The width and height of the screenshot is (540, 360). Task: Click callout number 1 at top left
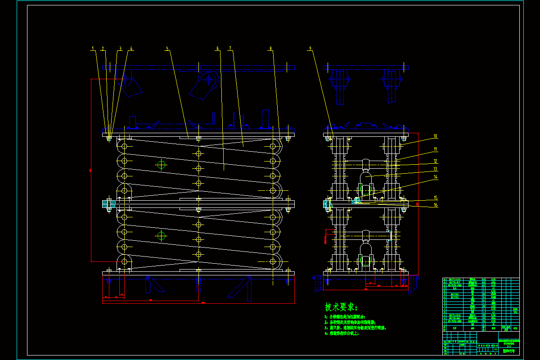(x=93, y=48)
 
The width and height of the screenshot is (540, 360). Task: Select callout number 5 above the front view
(x=166, y=48)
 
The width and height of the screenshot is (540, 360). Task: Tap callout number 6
(x=217, y=48)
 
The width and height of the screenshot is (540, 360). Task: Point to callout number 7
(x=230, y=48)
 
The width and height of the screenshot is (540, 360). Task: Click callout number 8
(x=270, y=48)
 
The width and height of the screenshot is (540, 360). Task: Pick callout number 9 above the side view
(x=310, y=48)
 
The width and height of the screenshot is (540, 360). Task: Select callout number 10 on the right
(x=435, y=136)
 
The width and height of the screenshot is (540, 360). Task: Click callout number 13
(x=435, y=169)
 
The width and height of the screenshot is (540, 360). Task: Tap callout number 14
(x=435, y=177)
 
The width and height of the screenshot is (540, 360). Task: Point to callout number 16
(x=435, y=205)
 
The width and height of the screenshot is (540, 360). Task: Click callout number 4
(x=131, y=48)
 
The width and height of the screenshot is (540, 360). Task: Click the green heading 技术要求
(x=341, y=307)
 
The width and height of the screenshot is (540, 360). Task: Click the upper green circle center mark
(x=161, y=165)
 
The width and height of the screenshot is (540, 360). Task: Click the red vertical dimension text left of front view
(x=90, y=171)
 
